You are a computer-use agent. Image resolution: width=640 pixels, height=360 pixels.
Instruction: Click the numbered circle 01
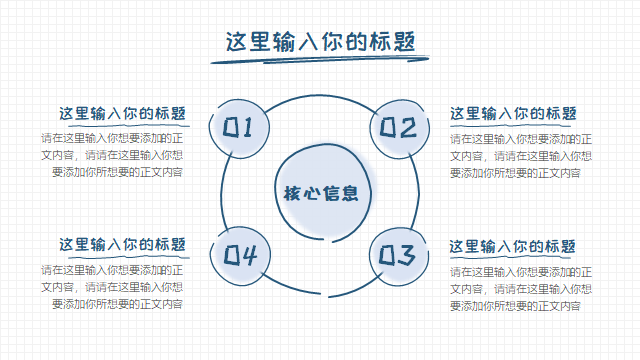click(239, 129)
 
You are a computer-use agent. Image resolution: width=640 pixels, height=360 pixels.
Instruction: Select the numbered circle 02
click(400, 129)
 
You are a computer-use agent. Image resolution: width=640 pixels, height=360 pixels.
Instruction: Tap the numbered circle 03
click(399, 256)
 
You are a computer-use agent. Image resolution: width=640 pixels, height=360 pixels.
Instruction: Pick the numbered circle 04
click(240, 256)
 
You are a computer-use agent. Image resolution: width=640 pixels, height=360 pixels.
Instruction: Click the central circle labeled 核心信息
click(323, 193)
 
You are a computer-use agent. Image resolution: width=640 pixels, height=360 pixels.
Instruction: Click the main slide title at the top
click(320, 42)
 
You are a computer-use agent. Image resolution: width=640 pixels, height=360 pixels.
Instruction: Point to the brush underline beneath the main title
click(320, 60)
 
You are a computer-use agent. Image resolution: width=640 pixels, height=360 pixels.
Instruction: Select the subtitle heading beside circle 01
click(122, 113)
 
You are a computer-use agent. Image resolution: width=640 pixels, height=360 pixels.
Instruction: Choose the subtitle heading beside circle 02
click(513, 113)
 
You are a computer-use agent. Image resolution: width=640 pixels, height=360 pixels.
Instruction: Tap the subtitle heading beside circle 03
click(512, 247)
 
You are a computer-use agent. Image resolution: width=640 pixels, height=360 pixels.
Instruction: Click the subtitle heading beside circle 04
click(122, 244)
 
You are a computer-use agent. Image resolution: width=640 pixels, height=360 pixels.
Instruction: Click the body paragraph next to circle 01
click(112, 155)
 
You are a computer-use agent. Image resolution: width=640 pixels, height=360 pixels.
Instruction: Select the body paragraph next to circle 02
click(521, 156)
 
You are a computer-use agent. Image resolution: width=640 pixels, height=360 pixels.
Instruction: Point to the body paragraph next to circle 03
click(521, 289)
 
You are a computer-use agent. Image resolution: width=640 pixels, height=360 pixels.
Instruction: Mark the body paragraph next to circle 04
click(112, 287)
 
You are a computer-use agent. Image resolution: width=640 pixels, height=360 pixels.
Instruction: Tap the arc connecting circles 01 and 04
click(222, 192)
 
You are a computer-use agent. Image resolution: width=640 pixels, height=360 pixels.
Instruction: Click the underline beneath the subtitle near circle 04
click(129, 257)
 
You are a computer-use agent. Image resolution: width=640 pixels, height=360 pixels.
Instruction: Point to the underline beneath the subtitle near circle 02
click(513, 125)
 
